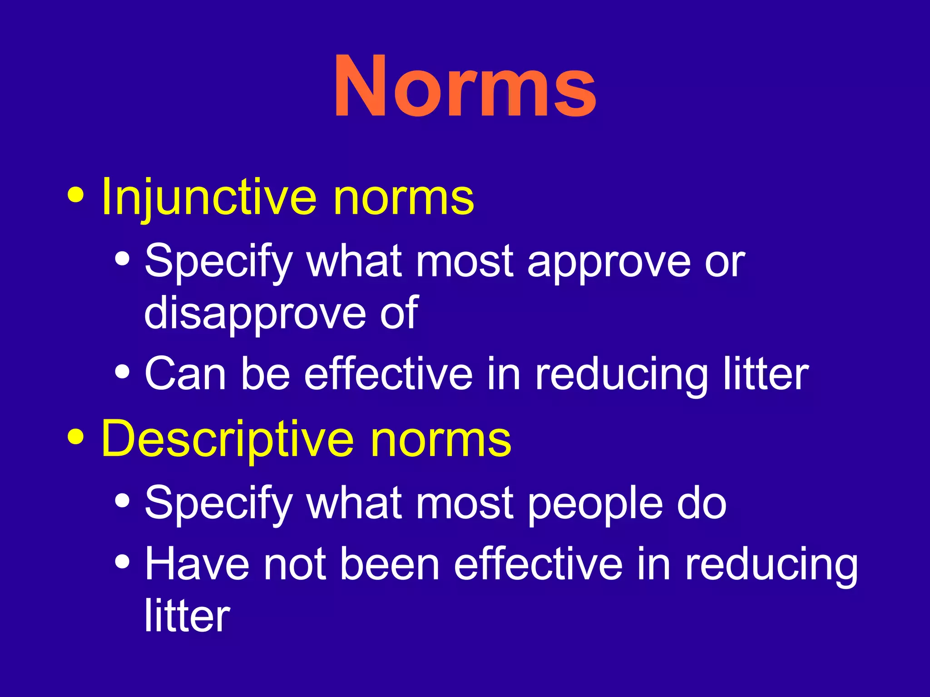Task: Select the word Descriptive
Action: click(x=227, y=439)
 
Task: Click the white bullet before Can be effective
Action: click(x=122, y=372)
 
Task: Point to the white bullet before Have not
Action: click(x=122, y=563)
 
